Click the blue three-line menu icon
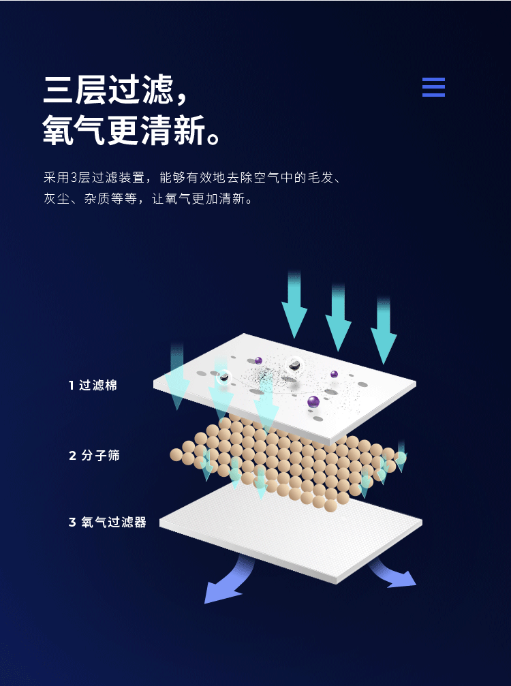click(x=433, y=87)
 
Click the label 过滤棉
click(x=98, y=386)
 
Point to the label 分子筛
click(x=100, y=455)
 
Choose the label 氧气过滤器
click(x=114, y=523)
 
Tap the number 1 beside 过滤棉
click(x=71, y=386)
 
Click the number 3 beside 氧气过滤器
click(x=72, y=523)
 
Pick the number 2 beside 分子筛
click(x=72, y=455)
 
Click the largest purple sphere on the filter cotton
click(x=313, y=402)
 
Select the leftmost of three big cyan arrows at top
click(x=294, y=307)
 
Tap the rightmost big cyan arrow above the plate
click(x=384, y=334)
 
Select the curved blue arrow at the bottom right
click(x=395, y=576)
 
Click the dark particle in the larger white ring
click(x=295, y=366)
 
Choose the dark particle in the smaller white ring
click(x=223, y=376)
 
